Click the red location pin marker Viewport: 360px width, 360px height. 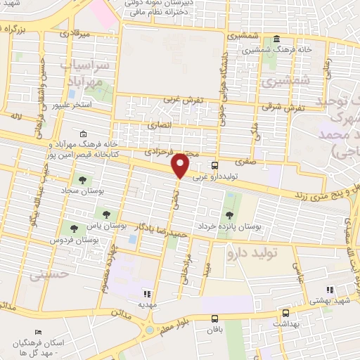point(181,165)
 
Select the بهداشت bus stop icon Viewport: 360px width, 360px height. point(285,314)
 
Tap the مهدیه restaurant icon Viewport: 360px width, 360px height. point(147,294)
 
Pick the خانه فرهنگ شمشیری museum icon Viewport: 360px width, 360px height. point(276,39)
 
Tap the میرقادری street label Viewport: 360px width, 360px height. point(74,32)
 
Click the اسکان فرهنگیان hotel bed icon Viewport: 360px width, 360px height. point(38,333)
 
